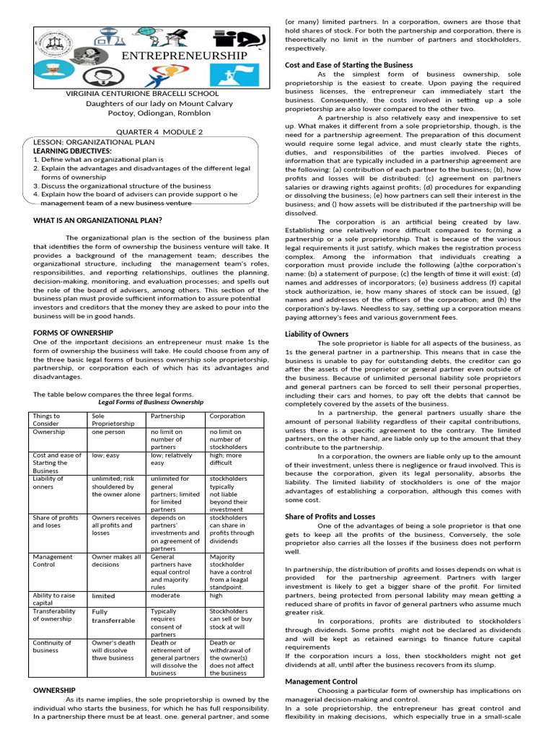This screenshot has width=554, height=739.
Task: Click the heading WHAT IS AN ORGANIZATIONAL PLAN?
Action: (97, 219)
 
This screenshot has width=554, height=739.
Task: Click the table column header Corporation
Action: (227, 416)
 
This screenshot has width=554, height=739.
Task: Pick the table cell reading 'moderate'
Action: (164, 595)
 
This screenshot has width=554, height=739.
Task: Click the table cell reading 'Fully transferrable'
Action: (113, 616)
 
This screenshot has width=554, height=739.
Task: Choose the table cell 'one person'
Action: (109, 432)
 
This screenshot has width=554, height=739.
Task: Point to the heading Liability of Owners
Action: (317, 334)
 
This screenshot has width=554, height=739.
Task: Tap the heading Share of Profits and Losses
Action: (330, 517)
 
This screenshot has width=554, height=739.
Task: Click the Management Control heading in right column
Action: (322, 681)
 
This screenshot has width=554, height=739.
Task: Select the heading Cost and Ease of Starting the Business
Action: (349, 65)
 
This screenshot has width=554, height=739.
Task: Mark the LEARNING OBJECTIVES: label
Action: (72, 150)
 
